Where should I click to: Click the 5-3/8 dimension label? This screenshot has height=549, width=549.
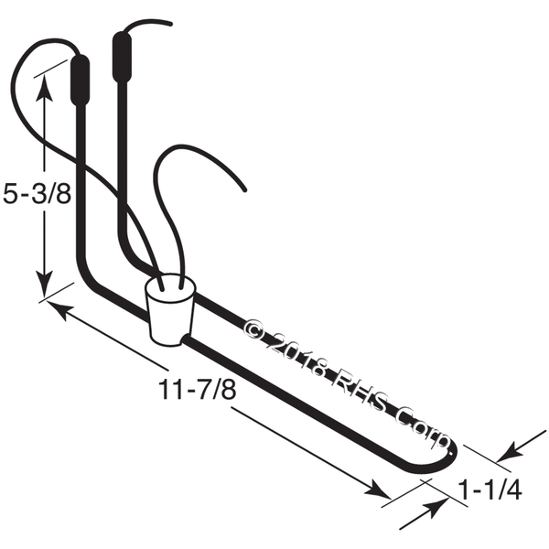tap(38, 194)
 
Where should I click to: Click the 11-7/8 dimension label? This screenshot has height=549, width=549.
tap(197, 390)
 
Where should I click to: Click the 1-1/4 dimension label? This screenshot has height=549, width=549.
tap(490, 490)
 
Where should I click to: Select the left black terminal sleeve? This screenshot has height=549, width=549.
tap(81, 81)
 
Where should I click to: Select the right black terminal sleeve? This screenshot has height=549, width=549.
tap(122, 57)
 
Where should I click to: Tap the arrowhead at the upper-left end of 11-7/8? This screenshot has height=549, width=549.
tap(59, 308)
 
